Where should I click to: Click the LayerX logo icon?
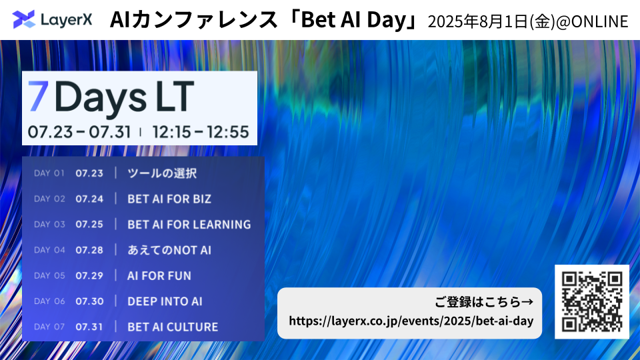coord(24,19)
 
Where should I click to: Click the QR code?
coord(592,301)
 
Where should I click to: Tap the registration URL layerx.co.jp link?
coord(411,321)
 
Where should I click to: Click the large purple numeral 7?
coord(39,96)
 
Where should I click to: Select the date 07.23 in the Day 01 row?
coord(89,173)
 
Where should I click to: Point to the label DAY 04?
coord(49,250)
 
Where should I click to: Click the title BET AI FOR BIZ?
coord(169,199)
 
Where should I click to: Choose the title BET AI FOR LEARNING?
coord(189,225)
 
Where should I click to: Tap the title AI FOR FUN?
coord(159,276)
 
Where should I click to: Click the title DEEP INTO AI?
coord(165,301)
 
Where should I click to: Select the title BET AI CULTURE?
coord(173,327)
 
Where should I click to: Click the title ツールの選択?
coord(162,173)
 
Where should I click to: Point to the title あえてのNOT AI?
coord(169,250)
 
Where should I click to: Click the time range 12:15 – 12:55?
coord(201,132)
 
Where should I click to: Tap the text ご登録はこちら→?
coord(484,302)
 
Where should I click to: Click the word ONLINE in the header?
coord(599,21)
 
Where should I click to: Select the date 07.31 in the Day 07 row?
coord(89,327)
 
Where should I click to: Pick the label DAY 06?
coord(49,301)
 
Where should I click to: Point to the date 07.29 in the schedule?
coord(89,276)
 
